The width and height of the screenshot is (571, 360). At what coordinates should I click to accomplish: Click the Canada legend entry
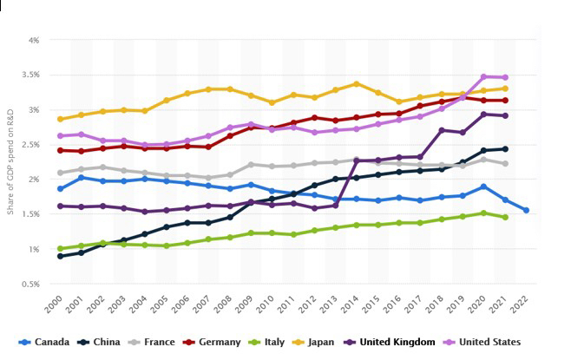[x=45, y=342]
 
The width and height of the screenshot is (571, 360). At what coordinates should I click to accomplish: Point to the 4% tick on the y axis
[x=33, y=40]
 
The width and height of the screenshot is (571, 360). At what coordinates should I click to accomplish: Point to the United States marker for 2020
[x=484, y=76]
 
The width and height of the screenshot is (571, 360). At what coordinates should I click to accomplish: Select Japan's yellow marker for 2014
[x=357, y=84]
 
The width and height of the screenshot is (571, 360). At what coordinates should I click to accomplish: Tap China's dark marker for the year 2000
[x=60, y=256]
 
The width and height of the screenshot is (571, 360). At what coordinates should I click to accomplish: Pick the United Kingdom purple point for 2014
[x=357, y=160]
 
